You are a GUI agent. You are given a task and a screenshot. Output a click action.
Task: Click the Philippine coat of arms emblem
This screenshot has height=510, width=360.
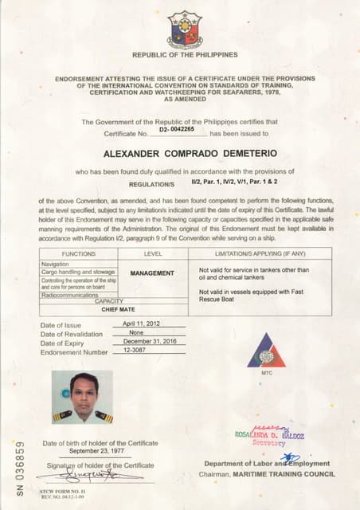184,29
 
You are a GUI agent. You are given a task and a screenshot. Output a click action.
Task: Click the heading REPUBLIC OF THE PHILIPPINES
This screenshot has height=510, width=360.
184,55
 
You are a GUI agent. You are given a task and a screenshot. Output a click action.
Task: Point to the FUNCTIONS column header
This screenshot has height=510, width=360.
78,253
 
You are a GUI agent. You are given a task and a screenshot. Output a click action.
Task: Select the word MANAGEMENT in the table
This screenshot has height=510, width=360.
152,273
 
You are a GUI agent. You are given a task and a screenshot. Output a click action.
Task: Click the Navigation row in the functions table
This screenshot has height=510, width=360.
56,262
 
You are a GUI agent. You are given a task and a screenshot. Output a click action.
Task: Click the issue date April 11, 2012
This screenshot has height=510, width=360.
141,324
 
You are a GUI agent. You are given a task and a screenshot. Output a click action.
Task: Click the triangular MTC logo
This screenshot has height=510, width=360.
265,351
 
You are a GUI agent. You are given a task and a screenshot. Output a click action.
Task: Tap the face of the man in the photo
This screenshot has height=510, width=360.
84,390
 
